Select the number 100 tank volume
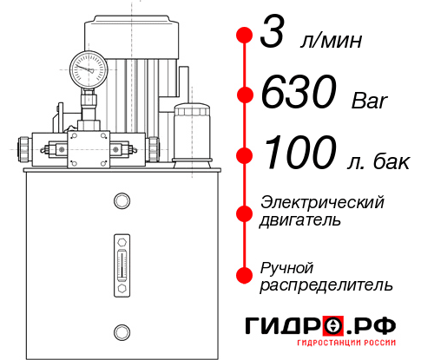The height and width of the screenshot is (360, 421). pos(299,154)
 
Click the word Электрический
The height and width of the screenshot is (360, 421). pos(322,202)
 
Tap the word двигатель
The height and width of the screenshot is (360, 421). pos(300,220)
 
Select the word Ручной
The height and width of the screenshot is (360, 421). pos(286,266)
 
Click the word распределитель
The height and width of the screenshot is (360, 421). pos(326,285)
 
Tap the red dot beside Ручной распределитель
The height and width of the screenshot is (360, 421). pos(244,274)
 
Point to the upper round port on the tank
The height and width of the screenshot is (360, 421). pos(121,201)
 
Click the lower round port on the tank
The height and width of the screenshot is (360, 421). pos(121,330)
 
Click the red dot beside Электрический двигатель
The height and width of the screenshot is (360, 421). pos(244,211)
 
